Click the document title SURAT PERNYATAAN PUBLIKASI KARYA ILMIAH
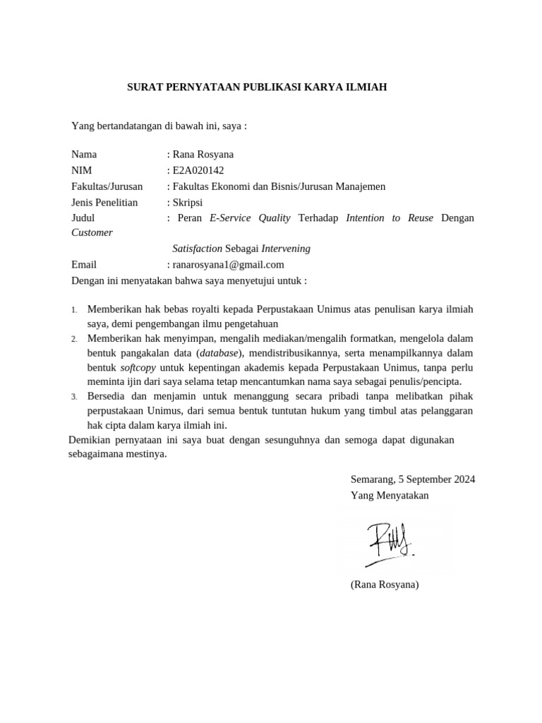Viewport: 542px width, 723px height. click(257, 88)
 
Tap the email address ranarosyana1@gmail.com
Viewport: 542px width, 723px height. click(228, 265)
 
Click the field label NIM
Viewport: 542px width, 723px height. click(82, 170)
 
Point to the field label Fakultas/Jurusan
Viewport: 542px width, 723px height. click(107, 186)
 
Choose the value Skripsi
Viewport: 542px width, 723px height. click(187, 202)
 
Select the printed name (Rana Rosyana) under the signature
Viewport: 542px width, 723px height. click(385, 585)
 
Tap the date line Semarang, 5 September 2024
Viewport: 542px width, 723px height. click(413, 479)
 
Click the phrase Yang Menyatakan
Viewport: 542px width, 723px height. click(390, 495)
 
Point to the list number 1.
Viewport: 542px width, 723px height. click(74, 310)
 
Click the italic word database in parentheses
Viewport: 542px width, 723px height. click(218, 353)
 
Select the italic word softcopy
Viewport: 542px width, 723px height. click(138, 368)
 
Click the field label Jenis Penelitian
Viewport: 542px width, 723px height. click(104, 202)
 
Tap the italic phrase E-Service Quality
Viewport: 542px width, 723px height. click(250, 218)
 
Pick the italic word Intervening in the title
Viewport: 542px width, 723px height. click(286, 249)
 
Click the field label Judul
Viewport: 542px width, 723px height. click(83, 218)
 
